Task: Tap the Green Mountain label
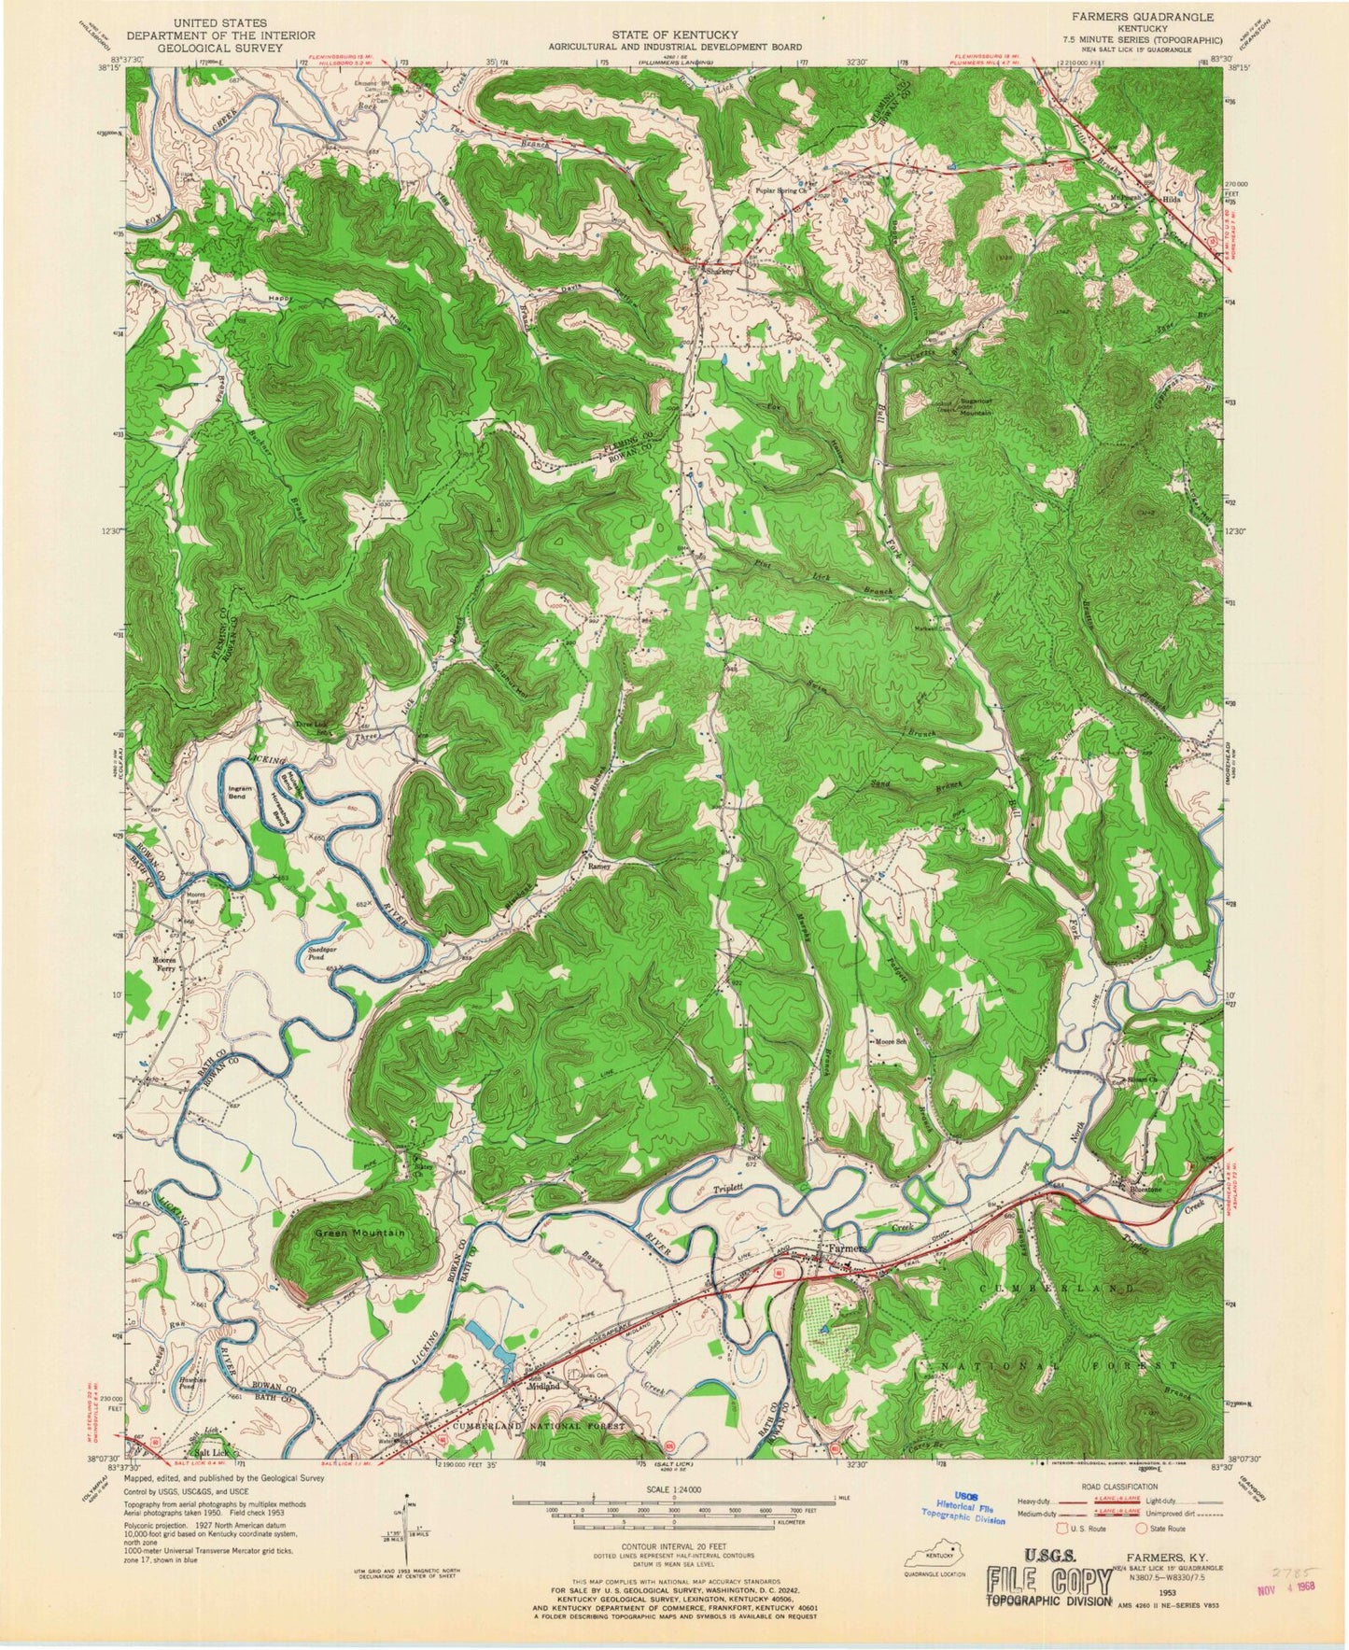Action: pyautogui.click(x=359, y=1234)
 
